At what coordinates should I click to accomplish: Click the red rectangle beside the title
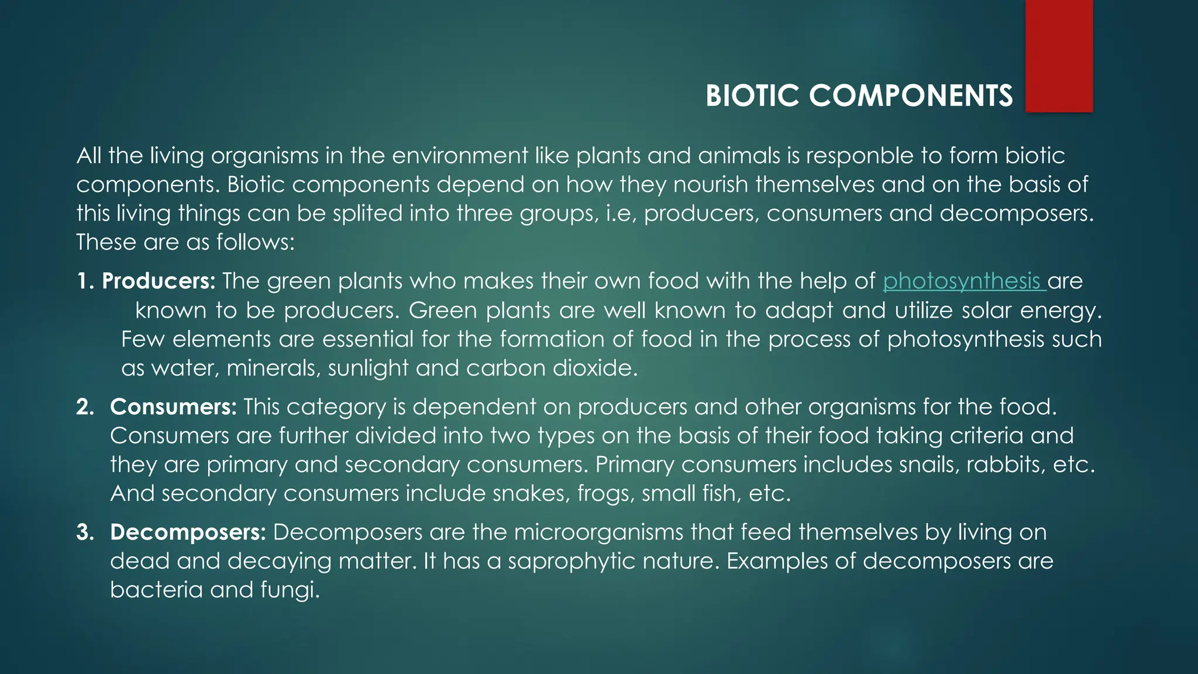(1059, 56)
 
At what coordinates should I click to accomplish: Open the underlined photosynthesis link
(962, 281)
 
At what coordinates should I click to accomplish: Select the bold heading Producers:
(159, 281)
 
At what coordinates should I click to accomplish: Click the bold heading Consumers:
(173, 407)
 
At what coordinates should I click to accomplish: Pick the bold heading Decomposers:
(188, 532)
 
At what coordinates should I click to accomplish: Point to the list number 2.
(85, 407)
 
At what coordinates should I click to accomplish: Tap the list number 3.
(85, 533)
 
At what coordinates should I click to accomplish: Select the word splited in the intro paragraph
(368, 213)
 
